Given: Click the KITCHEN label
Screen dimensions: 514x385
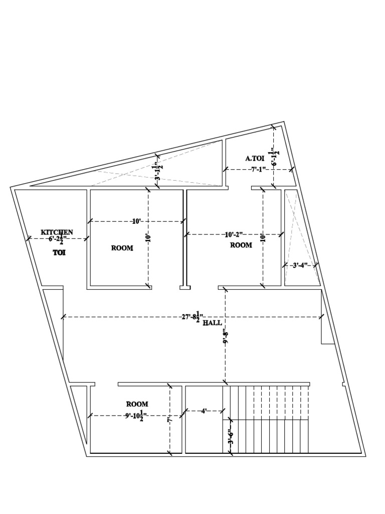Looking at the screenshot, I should pos(57,232).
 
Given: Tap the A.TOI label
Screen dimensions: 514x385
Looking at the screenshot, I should pos(255,158).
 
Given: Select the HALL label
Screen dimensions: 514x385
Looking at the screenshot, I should pos(213,323).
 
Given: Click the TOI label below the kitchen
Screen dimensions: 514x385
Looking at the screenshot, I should pos(60,253).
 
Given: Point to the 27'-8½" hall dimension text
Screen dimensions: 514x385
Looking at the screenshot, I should pos(190,317).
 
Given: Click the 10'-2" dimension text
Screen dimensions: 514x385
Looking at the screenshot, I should pos(234,234).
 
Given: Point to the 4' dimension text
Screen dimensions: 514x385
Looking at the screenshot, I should pos(204,411).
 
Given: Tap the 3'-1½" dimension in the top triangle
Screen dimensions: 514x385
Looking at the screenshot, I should pos(158,170).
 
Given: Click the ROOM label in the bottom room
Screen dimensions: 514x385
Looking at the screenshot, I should pos(137,404).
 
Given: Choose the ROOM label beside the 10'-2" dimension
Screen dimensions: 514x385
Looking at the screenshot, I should pos(241,245).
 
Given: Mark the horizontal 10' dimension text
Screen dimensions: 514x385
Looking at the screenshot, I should pos(136,221).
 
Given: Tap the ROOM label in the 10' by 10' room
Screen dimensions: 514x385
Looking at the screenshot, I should pos(122,248).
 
